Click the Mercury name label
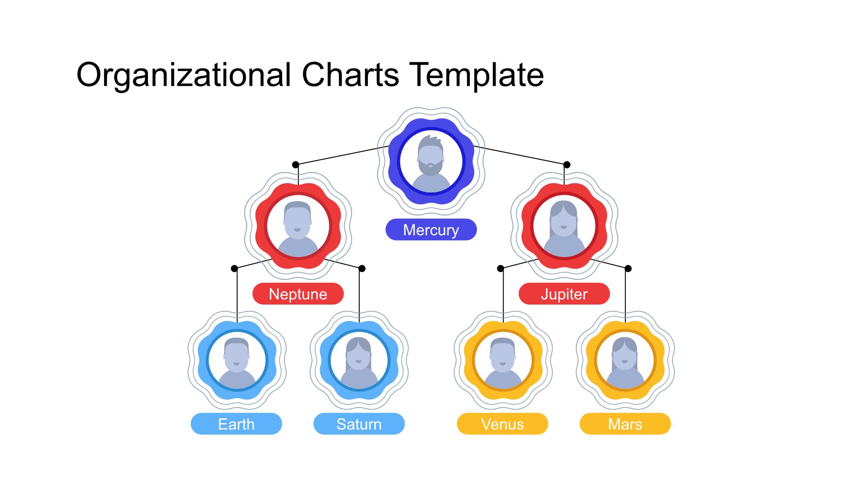[x=431, y=230]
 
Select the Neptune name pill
[x=298, y=294]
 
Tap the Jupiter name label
[x=564, y=294]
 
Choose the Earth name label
[x=236, y=424]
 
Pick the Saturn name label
[x=359, y=424]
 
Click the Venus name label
[x=502, y=424]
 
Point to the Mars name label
[x=625, y=424]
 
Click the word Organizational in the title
[x=184, y=75]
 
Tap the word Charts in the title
[x=350, y=75]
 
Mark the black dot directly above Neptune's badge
[x=295, y=164]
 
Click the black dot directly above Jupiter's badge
[x=567, y=164]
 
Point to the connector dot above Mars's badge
[x=628, y=268]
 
